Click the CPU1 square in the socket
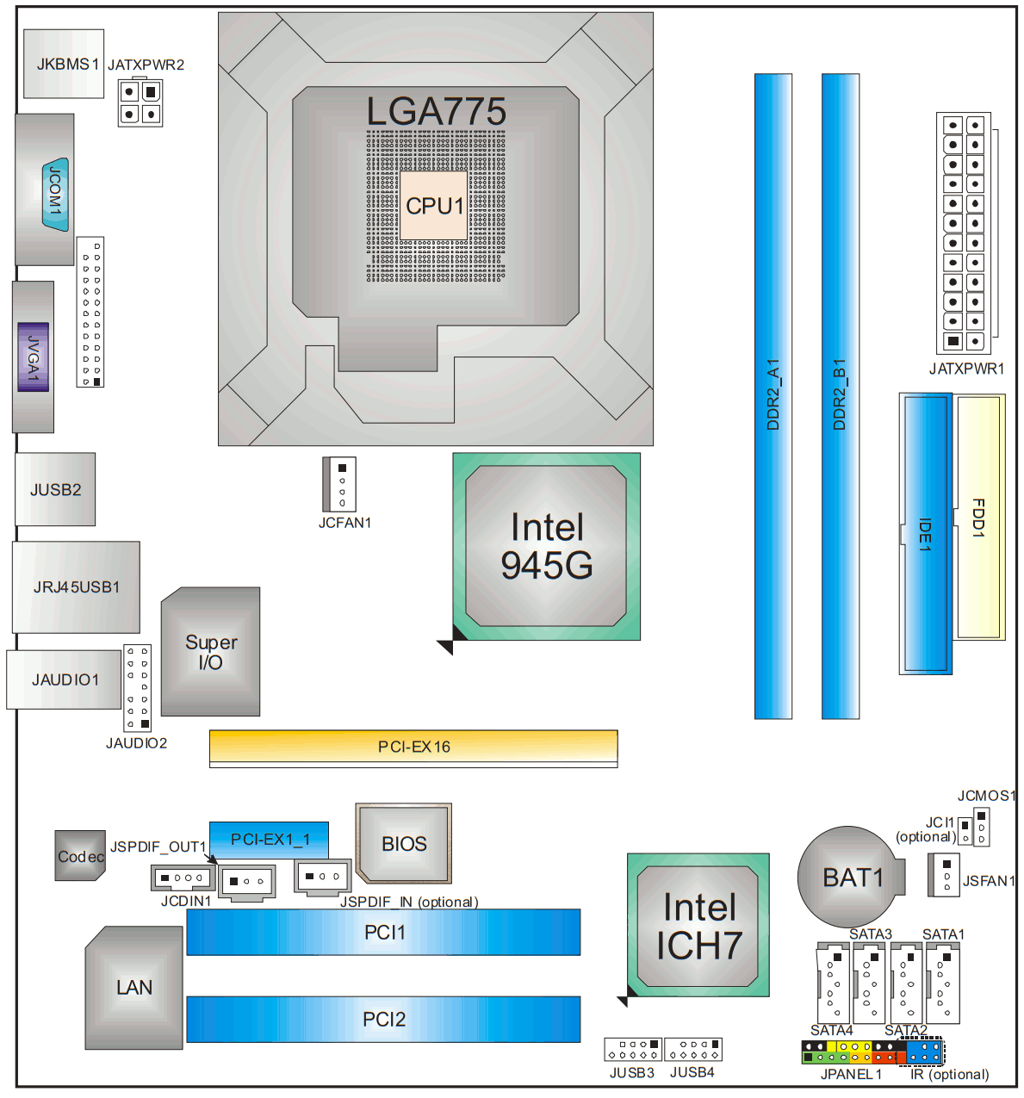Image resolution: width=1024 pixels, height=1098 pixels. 433,205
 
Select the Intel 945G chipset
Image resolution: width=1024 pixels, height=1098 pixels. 546,546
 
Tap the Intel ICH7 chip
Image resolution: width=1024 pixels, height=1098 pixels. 698,925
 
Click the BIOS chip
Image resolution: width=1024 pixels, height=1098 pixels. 404,843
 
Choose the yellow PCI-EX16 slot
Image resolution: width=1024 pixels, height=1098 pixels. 413,746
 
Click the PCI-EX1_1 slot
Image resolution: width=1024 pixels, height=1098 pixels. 269,839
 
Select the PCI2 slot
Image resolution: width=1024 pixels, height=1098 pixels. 383,1019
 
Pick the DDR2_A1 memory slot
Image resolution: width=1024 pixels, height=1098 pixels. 773,396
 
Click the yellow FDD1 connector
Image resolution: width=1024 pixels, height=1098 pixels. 979,517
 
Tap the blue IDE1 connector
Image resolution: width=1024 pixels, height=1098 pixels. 926,534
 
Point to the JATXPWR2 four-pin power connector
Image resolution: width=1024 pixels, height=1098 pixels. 140,102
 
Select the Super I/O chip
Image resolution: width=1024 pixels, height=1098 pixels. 210,652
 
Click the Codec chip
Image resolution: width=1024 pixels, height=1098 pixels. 80,855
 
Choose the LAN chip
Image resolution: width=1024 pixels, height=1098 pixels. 133,987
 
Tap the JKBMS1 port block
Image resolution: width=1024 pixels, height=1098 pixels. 64,64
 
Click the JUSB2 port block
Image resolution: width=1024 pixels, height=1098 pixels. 55,489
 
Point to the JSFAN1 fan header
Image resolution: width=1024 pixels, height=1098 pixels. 945,875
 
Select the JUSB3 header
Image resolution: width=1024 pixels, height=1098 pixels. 632,1049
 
